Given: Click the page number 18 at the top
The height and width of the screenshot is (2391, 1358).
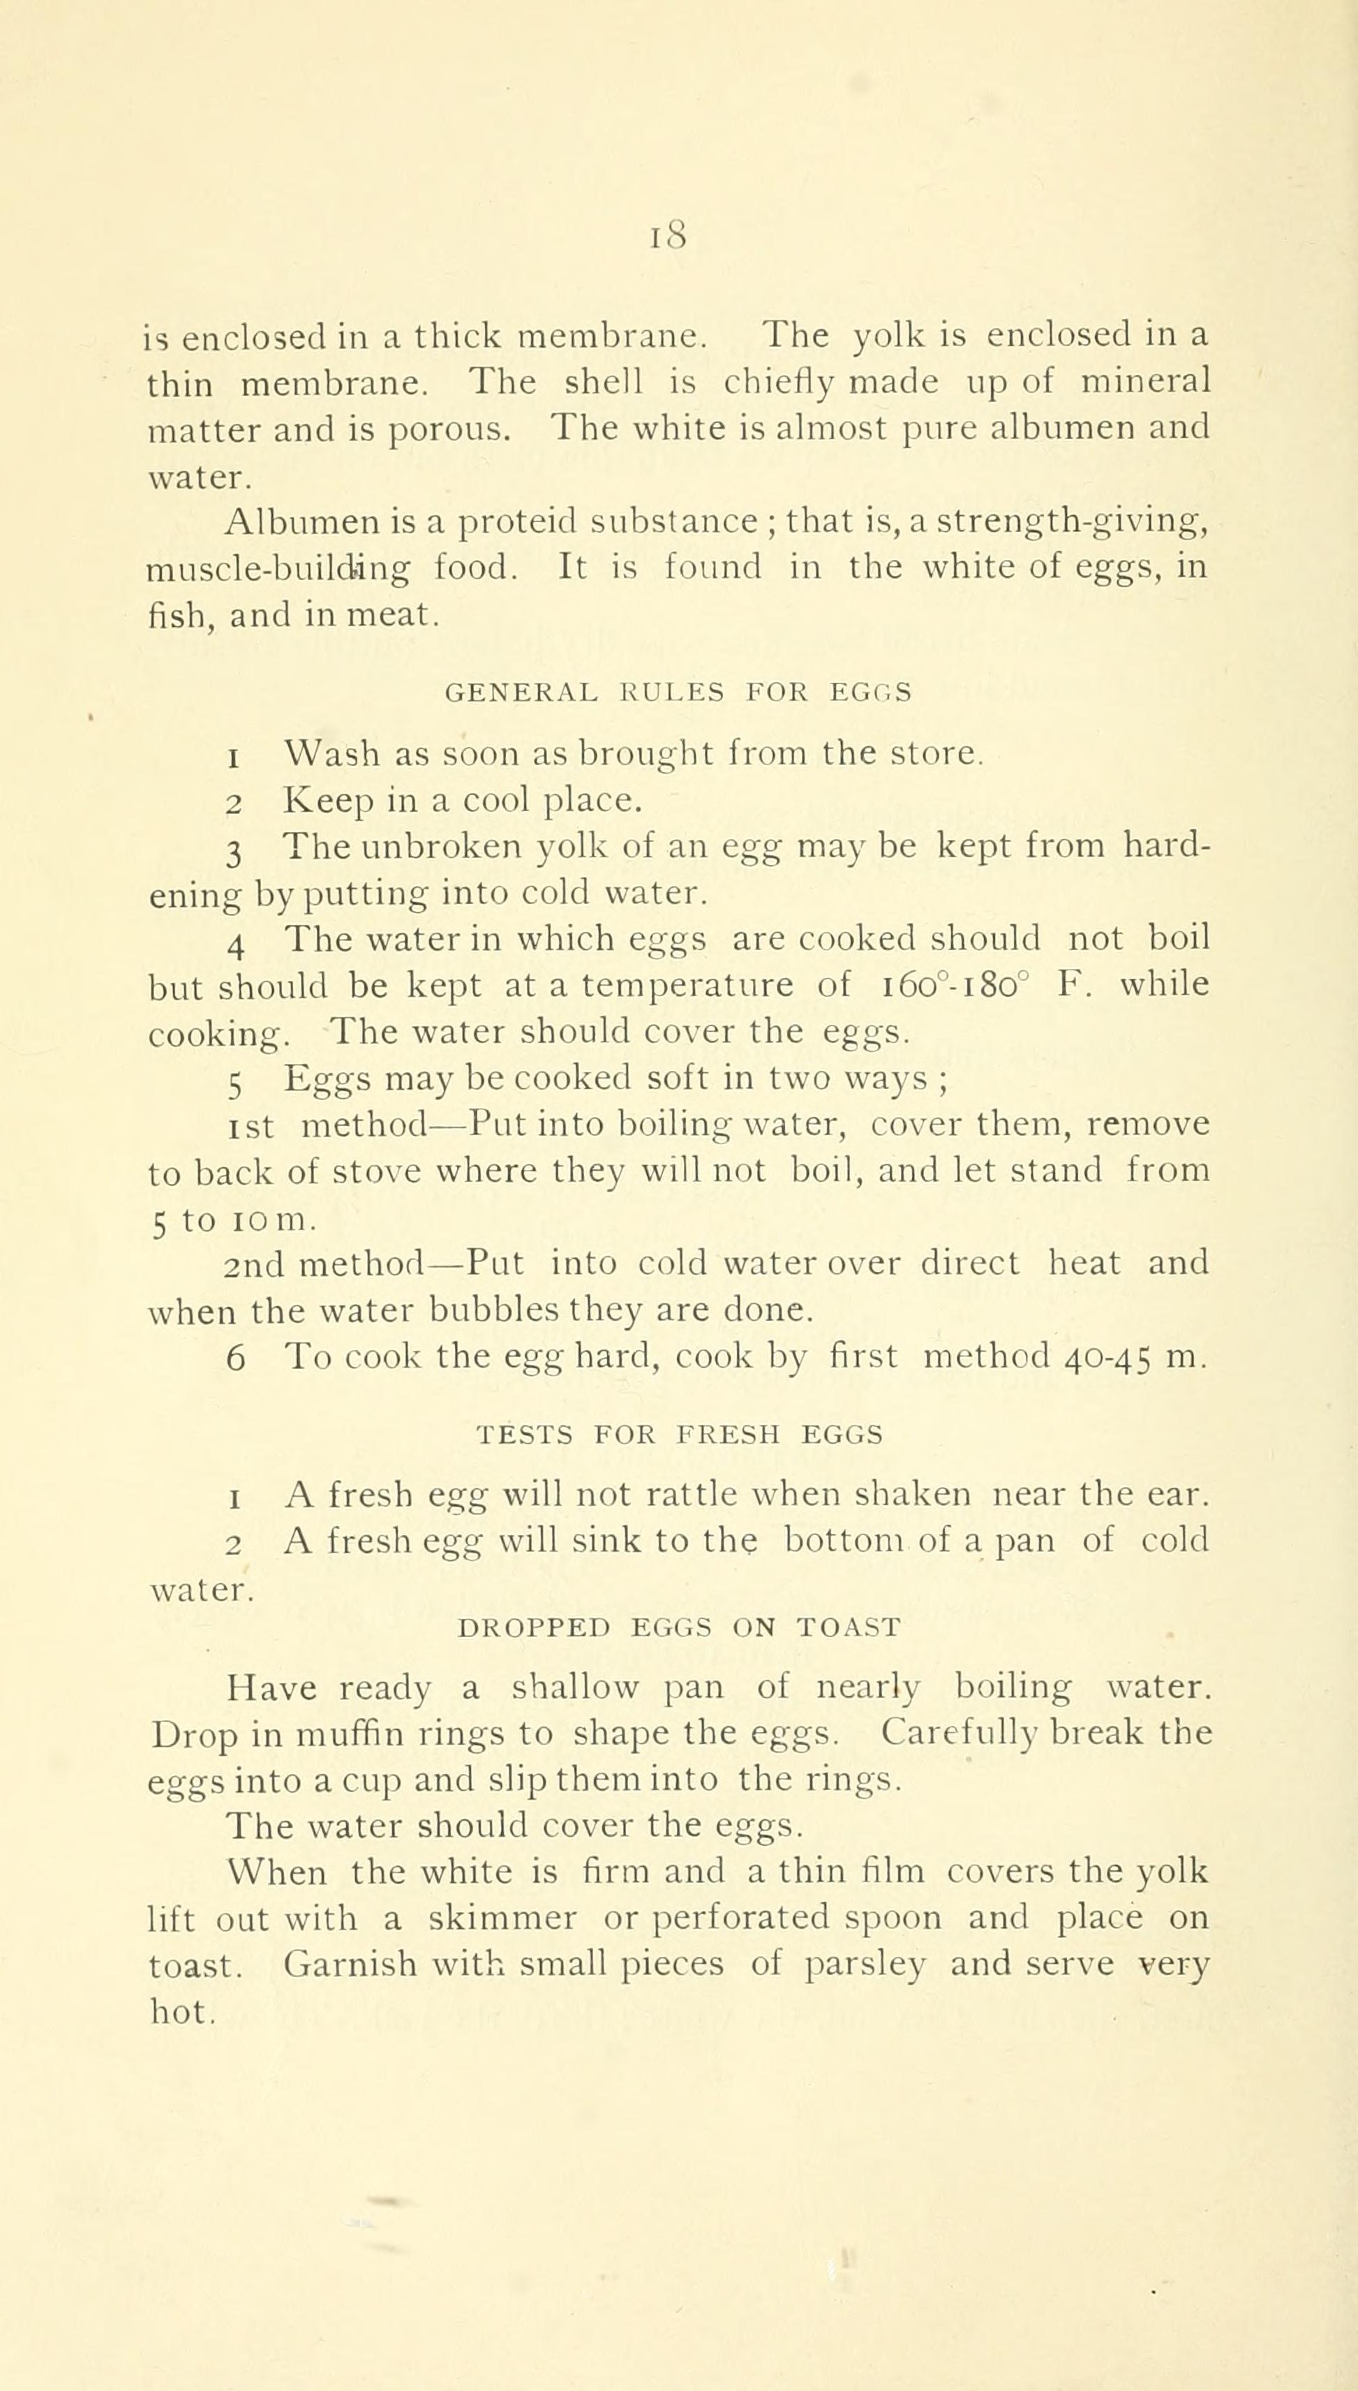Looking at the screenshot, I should point(669,237).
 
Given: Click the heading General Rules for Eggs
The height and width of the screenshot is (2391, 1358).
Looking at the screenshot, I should point(678,693).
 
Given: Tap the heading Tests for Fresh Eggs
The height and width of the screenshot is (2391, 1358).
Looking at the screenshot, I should point(679,1435).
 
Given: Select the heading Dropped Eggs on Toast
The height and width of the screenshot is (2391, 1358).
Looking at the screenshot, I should point(680,1629).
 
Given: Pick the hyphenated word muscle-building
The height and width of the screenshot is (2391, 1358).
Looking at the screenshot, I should point(278,568).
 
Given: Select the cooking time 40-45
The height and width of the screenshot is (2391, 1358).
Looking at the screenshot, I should point(1107,1357).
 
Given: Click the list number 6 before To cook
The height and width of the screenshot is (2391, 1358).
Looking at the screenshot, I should point(235,1359).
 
